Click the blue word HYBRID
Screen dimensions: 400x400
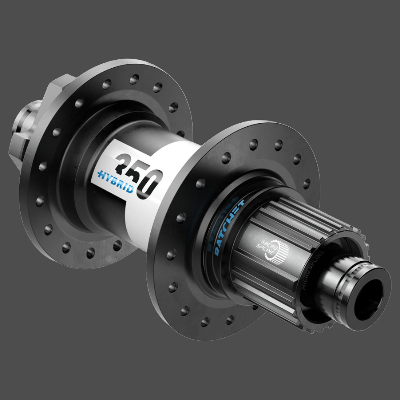coord(116,181)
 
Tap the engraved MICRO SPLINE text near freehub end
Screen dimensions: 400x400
coord(313,270)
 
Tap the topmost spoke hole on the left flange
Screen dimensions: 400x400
coord(134,79)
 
